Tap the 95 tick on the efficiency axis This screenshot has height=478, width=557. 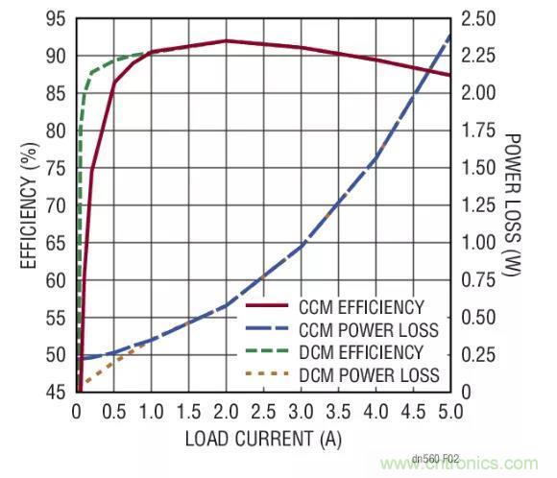point(56,19)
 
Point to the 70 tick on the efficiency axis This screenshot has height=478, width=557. point(56,205)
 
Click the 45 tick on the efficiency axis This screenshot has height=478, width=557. point(56,392)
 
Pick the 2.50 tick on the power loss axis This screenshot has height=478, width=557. point(477,19)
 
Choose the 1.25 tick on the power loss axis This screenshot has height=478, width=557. point(477,205)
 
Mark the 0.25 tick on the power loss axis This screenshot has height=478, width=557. point(477,355)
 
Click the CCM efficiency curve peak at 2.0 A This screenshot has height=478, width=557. point(226,40)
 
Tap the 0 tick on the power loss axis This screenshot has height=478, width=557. point(465,392)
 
